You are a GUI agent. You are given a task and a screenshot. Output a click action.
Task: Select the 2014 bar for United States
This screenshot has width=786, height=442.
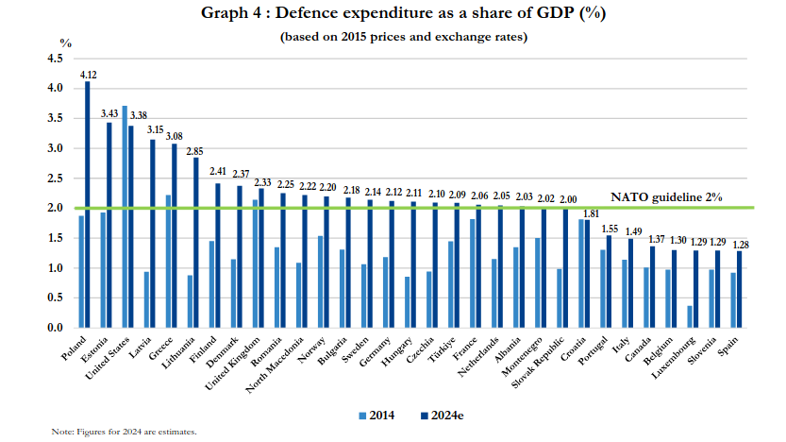click(125, 217)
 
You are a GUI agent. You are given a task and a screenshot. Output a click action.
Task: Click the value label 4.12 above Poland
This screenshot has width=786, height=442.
click(89, 74)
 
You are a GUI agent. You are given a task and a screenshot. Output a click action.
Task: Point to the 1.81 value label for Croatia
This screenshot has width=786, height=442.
click(592, 213)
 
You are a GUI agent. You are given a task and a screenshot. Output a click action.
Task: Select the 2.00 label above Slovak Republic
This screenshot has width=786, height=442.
click(568, 199)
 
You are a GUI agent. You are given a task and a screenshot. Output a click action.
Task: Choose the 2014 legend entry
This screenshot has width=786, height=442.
click(377, 415)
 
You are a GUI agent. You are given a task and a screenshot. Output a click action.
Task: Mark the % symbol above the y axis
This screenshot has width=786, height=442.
click(65, 42)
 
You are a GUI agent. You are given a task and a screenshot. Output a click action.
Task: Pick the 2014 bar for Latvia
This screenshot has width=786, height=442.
click(146, 299)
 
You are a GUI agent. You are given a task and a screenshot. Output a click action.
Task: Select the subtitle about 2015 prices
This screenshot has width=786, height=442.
click(403, 37)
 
